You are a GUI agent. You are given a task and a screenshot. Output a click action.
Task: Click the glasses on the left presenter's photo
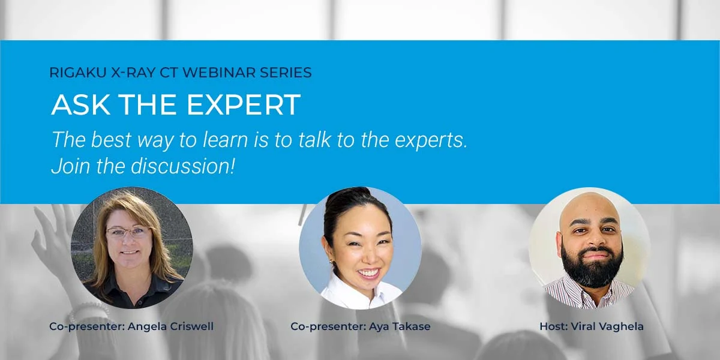pos(128,232)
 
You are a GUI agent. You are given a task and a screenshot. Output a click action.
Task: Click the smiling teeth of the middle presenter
pos(368,272)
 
